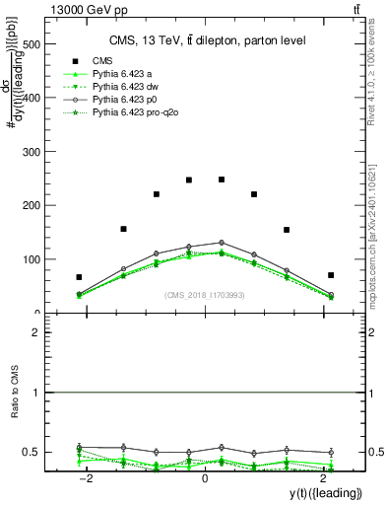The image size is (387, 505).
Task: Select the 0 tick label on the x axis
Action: (x=205, y=477)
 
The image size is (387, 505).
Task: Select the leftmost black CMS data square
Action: (x=79, y=277)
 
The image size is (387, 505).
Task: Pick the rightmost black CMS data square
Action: (x=331, y=275)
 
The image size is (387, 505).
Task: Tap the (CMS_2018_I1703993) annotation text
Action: (x=205, y=294)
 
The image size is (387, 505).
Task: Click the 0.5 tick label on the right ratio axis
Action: (x=374, y=453)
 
